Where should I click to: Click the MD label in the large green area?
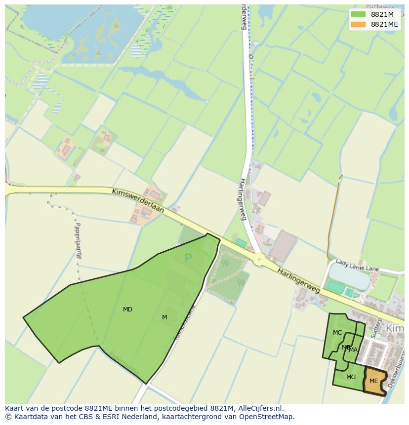(127, 309)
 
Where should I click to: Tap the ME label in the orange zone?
(373, 381)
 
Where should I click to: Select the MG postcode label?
(351, 377)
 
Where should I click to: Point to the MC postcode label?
(337, 333)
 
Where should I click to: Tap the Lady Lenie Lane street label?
(357, 265)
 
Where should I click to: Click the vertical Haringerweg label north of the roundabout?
(243, 199)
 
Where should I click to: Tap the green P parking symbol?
(188, 258)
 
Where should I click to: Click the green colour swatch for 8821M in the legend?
(359, 14)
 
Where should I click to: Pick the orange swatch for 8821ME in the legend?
(359, 24)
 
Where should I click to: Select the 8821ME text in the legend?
(384, 24)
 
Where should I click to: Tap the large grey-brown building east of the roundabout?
(283, 245)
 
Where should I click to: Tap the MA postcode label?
(353, 350)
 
